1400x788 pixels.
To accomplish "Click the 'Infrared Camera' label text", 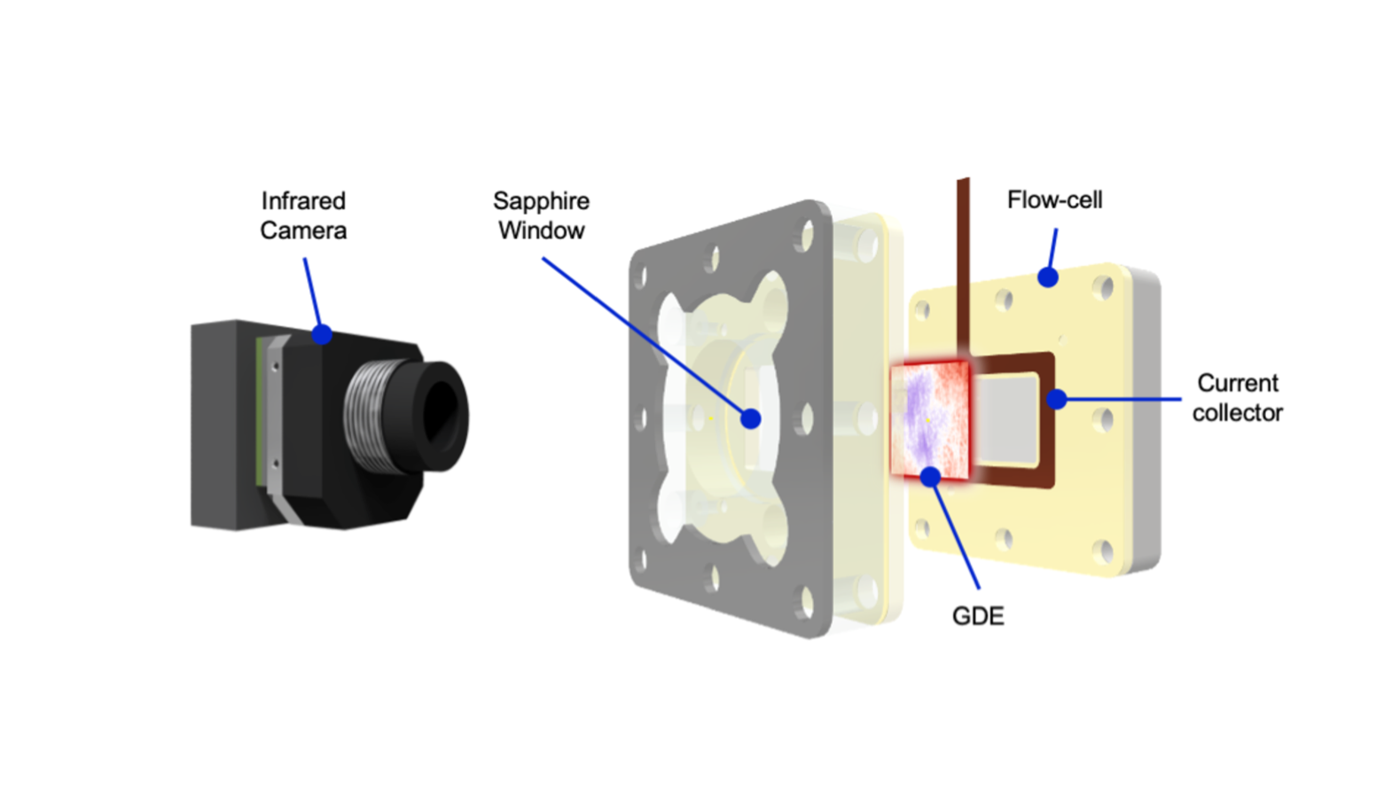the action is click(x=303, y=215).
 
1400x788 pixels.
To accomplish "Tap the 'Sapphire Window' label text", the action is click(x=541, y=215).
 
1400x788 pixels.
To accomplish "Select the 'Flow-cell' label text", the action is click(x=1054, y=200).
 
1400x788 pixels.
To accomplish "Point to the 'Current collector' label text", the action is click(x=1238, y=397).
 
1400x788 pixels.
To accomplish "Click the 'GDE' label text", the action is click(x=978, y=616).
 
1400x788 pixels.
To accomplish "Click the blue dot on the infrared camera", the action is click(x=321, y=334).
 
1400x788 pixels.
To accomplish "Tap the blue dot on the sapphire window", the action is click(x=751, y=418).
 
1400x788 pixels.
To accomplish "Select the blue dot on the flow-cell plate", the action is click(x=1048, y=277).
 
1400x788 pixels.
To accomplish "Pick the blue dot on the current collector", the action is click(x=1057, y=399).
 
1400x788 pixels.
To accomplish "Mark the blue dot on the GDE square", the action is click(x=931, y=477).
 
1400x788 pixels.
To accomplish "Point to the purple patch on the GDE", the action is click(x=919, y=412).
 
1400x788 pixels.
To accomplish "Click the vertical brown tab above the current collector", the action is click(x=963, y=269).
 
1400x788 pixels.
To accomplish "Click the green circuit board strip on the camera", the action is click(x=259, y=412).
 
